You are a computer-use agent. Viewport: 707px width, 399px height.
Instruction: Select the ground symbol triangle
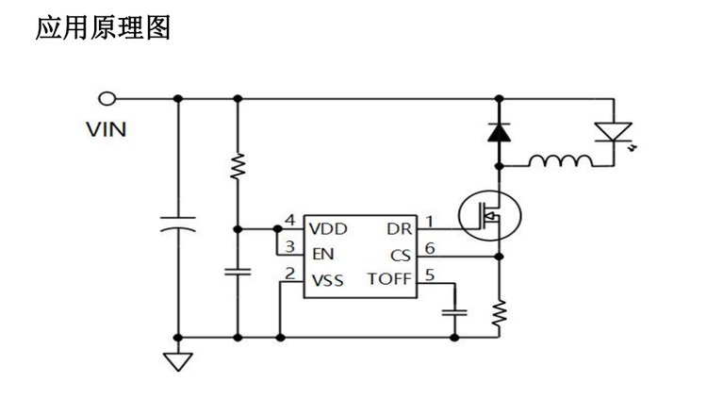click(177, 359)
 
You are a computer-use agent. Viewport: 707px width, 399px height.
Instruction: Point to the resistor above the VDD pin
click(237, 166)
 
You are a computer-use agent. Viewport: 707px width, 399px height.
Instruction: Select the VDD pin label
click(327, 228)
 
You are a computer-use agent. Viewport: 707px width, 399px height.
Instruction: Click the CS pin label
click(401, 255)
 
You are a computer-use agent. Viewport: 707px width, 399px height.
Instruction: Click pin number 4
click(290, 221)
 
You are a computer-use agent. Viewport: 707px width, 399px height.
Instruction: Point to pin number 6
click(430, 247)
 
